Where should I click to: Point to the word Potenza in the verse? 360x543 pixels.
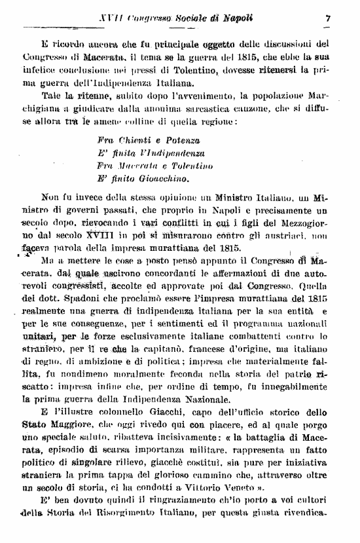click(x=181, y=141)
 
